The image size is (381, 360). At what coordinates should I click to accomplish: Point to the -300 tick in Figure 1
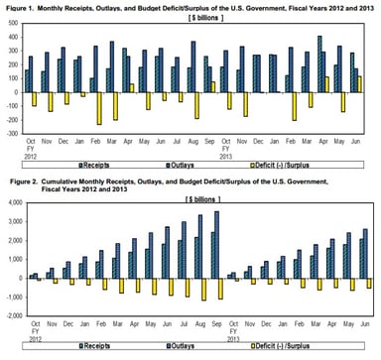pyautogui.click(x=13, y=131)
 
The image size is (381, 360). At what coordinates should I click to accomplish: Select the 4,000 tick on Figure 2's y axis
pyautogui.click(x=13, y=202)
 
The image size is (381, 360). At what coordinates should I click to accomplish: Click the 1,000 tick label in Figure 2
pyautogui.click(x=13, y=259)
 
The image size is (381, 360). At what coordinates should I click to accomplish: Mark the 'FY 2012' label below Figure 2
pyautogui.click(x=33, y=334)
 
